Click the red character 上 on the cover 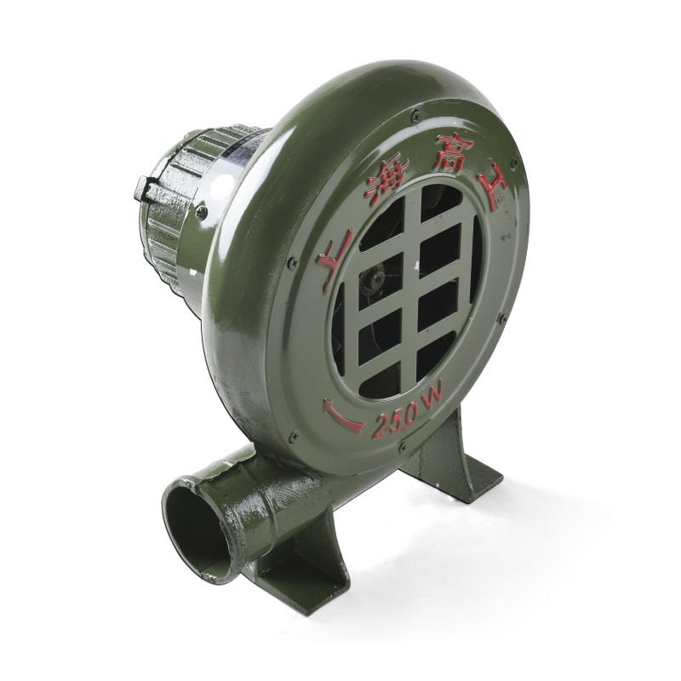pyautogui.click(x=332, y=261)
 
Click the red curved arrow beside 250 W pyautogui.click(x=343, y=416)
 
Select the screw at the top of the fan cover pyautogui.click(x=415, y=115)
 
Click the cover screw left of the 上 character pyautogui.click(x=293, y=262)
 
